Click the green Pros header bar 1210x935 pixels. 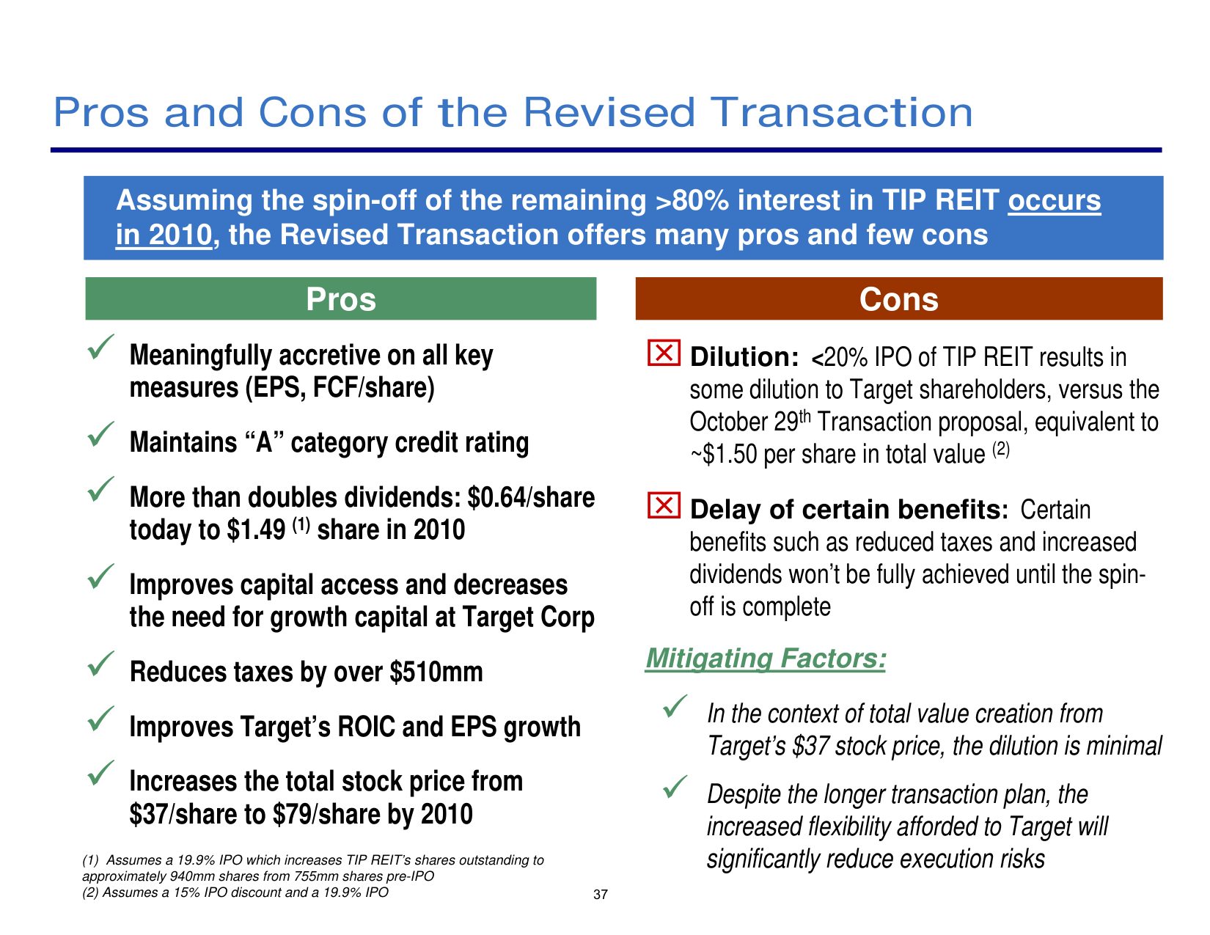(340, 298)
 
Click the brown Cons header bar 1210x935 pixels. (899, 298)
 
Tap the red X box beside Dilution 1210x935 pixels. (664, 353)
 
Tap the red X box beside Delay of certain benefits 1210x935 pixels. (664, 505)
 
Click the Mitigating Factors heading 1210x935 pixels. (766, 659)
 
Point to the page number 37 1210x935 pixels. (601, 895)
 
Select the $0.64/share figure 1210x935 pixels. (531, 497)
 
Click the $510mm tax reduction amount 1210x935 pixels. (436, 672)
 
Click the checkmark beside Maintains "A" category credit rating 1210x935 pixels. (100, 434)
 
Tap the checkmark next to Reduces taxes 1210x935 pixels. (100, 664)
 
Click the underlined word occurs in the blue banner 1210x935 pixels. (1054, 200)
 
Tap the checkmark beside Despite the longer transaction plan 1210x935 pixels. (675, 788)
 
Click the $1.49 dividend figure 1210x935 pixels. (256, 529)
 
